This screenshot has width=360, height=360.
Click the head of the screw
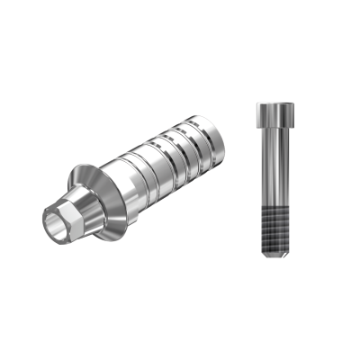(x=273, y=115)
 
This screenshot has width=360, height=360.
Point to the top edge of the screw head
(x=273, y=104)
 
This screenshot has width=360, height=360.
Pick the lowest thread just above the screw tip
(x=273, y=250)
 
